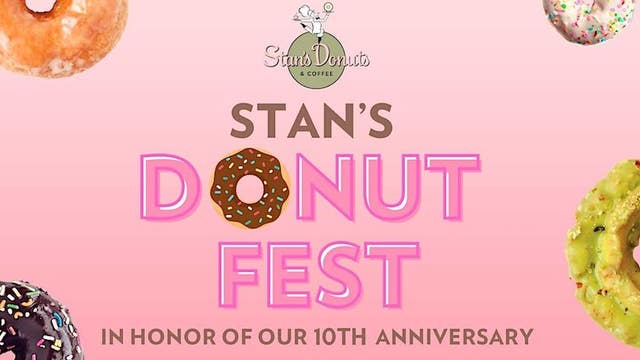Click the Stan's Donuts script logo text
tap(316, 57)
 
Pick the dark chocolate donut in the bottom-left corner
tap(35, 325)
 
